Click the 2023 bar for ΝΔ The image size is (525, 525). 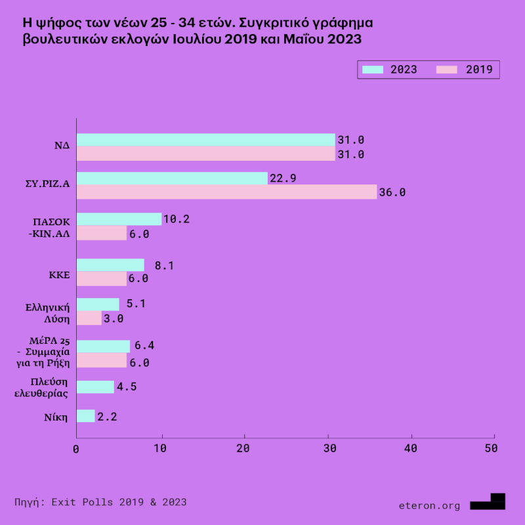click(205, 140)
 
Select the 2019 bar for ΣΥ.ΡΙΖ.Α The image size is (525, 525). click(226, 192)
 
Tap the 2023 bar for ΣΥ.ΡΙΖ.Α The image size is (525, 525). click(172, 178)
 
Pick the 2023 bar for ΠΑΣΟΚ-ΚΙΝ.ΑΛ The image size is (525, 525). click(119, 219)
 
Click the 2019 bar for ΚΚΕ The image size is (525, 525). click(101, 278)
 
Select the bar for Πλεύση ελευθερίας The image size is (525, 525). click(95, 387)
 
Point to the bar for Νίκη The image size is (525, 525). click(85, 416)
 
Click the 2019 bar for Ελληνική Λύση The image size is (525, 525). click(89, 318)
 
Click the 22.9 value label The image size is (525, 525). click(283, 178)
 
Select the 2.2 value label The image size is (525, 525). click(107, 416)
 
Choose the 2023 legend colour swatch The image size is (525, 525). click(372, 69)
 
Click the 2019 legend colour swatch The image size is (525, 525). click(448, 69)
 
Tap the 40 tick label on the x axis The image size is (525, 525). click(411, 448)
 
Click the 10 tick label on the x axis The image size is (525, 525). click(160, 448)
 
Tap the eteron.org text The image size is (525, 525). click(429, 505)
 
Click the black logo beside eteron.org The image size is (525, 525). click(489, 502)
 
